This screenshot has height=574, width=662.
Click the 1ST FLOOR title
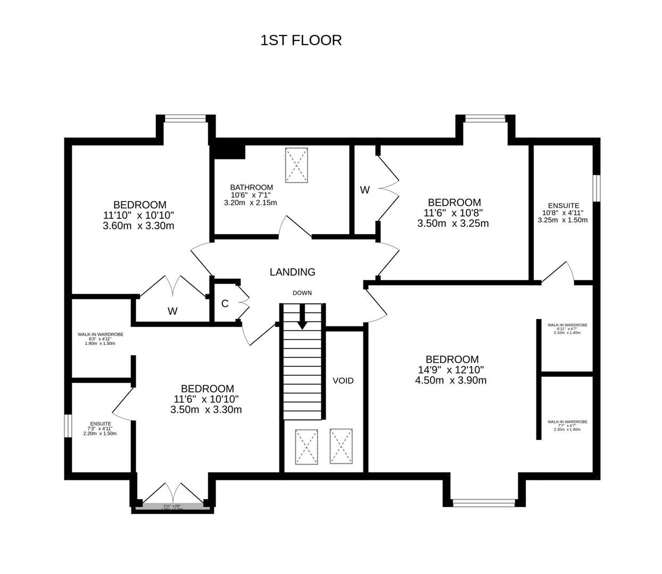click(x=301, y=40)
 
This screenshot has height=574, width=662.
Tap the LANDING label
click(x=292, y=272)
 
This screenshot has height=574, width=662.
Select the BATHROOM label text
click(x=251, y=188)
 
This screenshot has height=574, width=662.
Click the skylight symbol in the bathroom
click(x=296, y=165)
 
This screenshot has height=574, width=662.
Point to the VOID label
click(x=343, y=381)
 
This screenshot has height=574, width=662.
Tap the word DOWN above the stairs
click(x=302, y=293)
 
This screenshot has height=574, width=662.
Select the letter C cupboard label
click(x=225, y=303)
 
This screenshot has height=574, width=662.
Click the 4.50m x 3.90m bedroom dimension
click(x=450, y=381)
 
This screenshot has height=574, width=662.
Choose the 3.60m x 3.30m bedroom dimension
click(x=138, y=225)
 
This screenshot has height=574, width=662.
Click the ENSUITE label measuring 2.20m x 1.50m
click(x=100, y=424)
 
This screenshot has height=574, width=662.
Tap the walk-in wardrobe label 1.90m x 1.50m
click(x=100, y=334)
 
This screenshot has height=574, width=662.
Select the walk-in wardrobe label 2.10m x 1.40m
click(x=567, y=325)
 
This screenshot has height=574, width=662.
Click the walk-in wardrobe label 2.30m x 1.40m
click(x=567, y=421)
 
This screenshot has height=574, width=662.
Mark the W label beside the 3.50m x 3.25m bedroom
click(x=365, y=190)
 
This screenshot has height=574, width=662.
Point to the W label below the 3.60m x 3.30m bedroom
click(x=172, y=311)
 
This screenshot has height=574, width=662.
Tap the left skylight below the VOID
click(x=307, y=446)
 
